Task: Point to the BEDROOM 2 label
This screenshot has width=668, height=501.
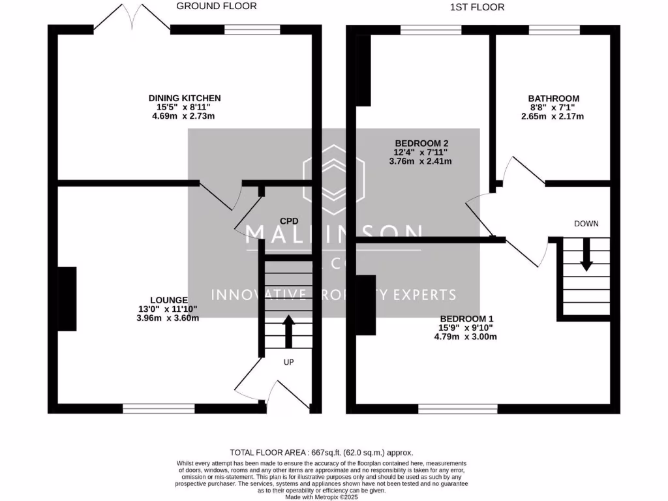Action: (x=421, y=143)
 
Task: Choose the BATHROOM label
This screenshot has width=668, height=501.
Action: (x=553, y=99)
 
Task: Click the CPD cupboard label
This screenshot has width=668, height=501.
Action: (x=288, y=221)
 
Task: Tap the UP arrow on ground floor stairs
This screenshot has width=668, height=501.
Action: (x=288, y=331)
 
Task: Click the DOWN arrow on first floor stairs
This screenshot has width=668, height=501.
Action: (x=586, y=256)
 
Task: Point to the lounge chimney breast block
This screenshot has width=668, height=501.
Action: (x=67, y=299)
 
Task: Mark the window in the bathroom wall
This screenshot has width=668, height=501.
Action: (x=554, y=29)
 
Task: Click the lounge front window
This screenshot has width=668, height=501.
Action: (x=159, y=409)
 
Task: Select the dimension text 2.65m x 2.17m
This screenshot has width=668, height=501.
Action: (x=553, y=116)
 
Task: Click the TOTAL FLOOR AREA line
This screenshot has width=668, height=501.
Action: (x=321, y=452)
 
